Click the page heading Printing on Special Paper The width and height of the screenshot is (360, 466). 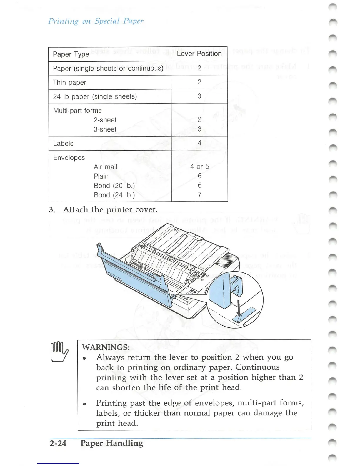(96, 21)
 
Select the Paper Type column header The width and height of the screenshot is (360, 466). (71, 54)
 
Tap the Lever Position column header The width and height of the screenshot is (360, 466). (199, 54)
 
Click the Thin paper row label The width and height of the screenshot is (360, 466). (69, 82)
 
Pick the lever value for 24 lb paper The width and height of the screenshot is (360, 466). (199, 96)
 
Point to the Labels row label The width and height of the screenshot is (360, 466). (63, 144)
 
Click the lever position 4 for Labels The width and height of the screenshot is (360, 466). (199, 143)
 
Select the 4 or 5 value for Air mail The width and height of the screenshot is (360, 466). (199, 167)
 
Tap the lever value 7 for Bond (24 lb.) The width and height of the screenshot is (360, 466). (200, 194)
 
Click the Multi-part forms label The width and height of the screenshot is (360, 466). (77, 111)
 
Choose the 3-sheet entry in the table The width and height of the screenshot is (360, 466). (105, 129)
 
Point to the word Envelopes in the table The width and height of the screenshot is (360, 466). (69, 158)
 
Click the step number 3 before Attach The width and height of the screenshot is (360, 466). (52, 210)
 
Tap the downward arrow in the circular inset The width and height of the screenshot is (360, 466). (239, 309)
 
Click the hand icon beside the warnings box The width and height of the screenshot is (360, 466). (59, 352)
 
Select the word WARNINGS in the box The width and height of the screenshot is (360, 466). (106, 347)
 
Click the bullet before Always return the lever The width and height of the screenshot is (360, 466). (84, 358)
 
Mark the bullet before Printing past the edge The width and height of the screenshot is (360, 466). (84, 404)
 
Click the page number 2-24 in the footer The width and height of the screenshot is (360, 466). (58, 443)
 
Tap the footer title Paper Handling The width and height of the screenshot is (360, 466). (112, 443)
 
